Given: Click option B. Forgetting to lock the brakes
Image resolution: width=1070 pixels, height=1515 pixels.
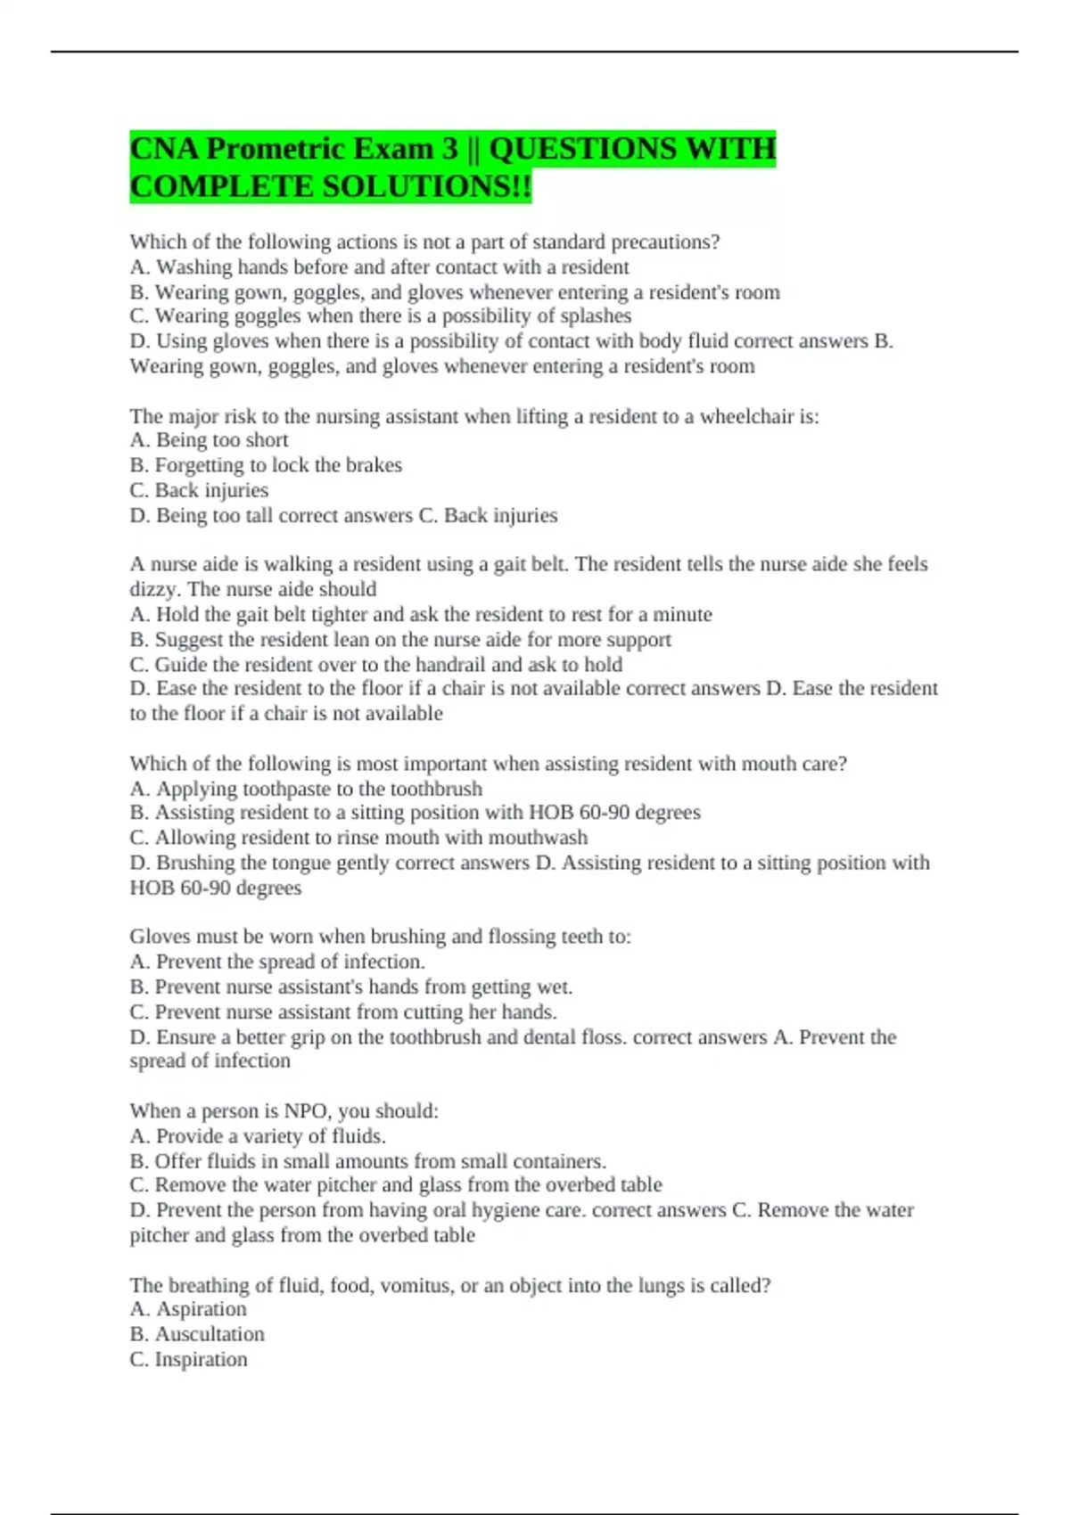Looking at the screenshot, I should tap(266, 465).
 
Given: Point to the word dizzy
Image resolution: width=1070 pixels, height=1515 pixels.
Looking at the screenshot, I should tap(155, 589).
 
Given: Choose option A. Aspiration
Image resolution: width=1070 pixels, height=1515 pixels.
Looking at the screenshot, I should tap(188, 1309).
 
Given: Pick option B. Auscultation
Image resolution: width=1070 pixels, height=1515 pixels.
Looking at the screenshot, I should tap(197, 1334).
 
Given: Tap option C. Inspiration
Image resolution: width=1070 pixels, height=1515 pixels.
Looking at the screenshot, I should tap(188, 1359).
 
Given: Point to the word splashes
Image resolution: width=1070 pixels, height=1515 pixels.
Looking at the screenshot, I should tap(596, 316).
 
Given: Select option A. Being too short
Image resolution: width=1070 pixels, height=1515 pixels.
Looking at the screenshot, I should tap(209, 440).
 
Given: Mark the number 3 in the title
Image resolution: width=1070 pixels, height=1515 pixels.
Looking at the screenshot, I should tap(449, 149).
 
